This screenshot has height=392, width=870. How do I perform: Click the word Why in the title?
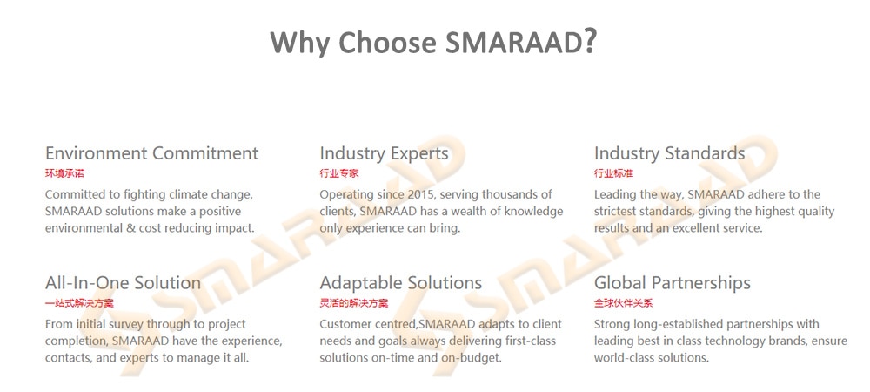(x=300, y=42)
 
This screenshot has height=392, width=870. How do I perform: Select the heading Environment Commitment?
(x=151, y=152)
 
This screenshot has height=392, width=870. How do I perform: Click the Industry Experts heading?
(x=384, y=153)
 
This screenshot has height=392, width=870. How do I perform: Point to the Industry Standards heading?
(x=669, y=152)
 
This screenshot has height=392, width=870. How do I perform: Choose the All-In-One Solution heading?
(x=123, y=282)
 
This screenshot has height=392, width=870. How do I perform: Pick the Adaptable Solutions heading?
(x=400, y=283)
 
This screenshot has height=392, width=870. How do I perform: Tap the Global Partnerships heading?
(x=672, y=283)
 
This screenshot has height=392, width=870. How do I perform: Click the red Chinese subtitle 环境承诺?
(x=64, y=173)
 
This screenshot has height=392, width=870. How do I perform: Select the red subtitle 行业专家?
(x=339, y=173)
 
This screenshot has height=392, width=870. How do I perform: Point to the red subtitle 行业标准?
(x=613, y=173)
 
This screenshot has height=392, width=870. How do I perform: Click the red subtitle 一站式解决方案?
(x=79, y=303)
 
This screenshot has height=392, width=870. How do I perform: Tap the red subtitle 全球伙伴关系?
(x=624, y=303)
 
